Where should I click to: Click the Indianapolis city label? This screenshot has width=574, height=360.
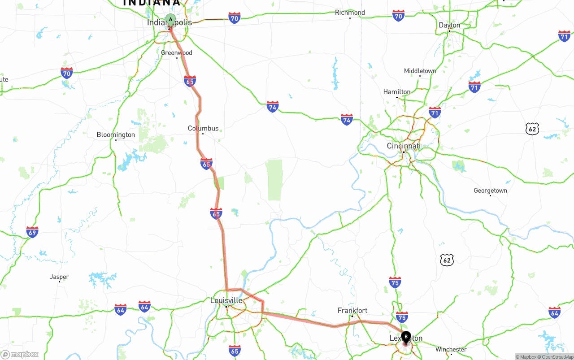[169, 23]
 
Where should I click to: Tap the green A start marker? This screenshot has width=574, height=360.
[170, 19]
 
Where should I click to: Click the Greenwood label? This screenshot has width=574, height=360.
[177, 53]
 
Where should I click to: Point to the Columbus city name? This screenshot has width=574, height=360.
[203, 129]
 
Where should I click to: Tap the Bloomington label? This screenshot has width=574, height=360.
[116, 135]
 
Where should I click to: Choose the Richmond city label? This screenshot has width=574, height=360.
[350, 13]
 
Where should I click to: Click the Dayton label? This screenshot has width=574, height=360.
[449, 25]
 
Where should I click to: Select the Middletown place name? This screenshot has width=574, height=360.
[420, 71]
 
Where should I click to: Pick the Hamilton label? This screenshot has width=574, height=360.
[396, 92]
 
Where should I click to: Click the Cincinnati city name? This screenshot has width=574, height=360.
[404, 146]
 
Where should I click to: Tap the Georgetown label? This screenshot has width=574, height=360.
[490, 191]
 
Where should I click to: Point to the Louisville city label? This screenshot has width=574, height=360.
[226, 300]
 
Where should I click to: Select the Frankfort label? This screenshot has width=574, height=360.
[352, 310]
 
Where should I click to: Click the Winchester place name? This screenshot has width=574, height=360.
[451, 349]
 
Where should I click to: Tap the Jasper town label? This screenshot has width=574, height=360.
[59, 277]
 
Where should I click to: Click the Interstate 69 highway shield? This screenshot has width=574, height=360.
[32, 232]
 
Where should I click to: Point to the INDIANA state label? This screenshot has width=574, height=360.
[151, 3]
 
